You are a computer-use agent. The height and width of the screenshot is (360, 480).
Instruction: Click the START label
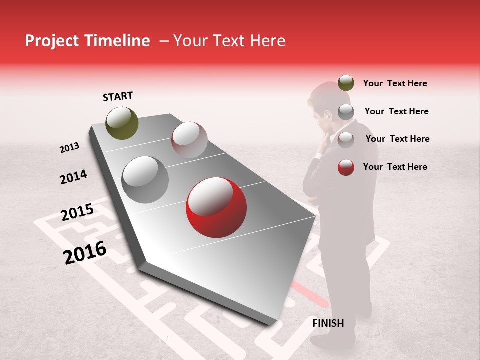[118, 96]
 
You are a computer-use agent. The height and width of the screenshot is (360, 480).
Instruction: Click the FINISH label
[328, 323]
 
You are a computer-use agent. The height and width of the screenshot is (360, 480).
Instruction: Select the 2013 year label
[69, 148]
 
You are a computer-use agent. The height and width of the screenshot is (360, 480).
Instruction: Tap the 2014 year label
[73, 177]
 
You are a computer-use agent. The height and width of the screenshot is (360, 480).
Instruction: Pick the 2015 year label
[77, 212]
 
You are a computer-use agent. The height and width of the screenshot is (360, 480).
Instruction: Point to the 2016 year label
[85, 252]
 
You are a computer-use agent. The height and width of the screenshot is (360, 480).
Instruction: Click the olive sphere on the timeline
[122, 123]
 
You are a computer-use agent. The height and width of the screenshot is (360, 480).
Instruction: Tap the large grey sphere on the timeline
[145, 179]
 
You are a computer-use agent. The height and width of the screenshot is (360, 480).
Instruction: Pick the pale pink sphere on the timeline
[189, 140]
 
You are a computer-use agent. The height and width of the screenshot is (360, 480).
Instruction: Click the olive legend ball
[346, 83]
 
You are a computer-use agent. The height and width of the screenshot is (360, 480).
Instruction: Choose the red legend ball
[346, 167]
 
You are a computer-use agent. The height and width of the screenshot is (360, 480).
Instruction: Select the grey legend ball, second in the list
[346, 111]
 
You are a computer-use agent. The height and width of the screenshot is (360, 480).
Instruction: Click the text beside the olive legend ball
[395, 83]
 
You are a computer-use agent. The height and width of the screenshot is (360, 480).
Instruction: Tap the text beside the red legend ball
[395, 167]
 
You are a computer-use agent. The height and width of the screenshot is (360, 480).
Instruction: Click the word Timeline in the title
[117, 41]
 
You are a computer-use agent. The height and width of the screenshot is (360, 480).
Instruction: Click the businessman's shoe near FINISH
[332, 342]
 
